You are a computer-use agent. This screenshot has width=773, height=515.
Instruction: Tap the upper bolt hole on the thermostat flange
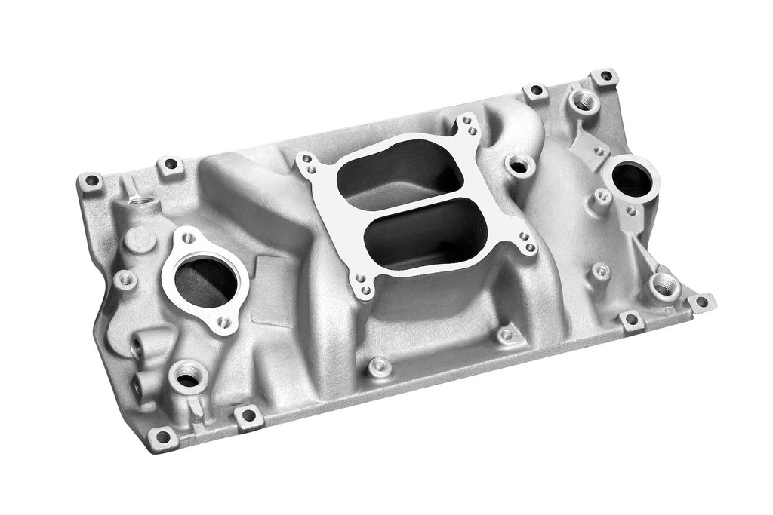coord(188,239)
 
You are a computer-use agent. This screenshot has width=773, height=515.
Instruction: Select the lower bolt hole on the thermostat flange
coord(223,323)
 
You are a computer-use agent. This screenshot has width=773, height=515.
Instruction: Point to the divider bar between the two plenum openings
coord(412,204)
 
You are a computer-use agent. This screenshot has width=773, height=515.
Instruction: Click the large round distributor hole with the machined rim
coord(631,179)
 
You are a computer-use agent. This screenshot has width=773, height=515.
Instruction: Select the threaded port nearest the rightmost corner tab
coord(664,286)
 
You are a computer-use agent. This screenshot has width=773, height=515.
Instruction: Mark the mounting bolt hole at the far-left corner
coord(91,181)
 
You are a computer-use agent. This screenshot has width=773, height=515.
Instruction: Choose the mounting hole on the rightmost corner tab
coord(701,302)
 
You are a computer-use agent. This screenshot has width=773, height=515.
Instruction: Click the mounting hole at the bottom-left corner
coord(162,437)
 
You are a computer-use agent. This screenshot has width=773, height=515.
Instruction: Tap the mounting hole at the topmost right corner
coord(605,76)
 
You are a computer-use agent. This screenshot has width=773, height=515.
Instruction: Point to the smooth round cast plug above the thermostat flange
coord(140,239)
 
